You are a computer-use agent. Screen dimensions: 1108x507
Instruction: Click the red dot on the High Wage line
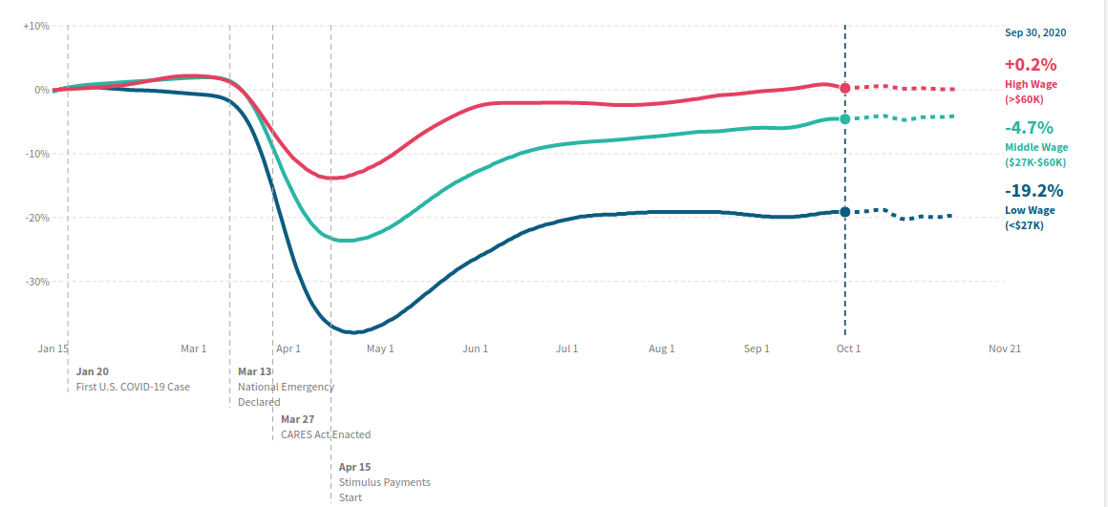(844, 88)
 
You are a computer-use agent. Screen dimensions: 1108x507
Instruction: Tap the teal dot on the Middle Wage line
(844, 118)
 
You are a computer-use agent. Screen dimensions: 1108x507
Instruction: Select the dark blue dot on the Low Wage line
(844, 212)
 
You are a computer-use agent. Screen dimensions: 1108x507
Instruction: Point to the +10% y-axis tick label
(36, 26)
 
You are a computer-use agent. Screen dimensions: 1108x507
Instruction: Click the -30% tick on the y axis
(37, 281)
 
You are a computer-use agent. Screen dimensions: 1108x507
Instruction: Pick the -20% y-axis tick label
(37, 218)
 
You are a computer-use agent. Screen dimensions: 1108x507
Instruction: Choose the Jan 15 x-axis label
(53, 349)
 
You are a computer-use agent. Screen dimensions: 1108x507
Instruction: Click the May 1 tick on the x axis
(381, 349)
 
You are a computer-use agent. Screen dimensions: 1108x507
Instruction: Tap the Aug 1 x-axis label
(662, 349)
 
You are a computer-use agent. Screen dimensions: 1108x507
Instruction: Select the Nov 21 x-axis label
(1005, 349)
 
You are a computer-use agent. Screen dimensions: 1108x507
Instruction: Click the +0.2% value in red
(1031, 65)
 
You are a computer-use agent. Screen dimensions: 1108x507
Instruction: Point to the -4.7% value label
(1029, 128)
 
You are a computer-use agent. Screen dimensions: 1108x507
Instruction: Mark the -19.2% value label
(1033, 191)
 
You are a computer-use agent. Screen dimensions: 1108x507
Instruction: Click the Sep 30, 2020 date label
(1035, 32)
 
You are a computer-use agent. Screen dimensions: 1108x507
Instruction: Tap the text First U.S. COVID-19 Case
(133, 387)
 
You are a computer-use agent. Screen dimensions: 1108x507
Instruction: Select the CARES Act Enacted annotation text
(326, 435)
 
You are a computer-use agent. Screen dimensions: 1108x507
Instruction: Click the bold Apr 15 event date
(354, 467)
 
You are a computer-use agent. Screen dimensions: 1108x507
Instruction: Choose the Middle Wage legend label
(1036, 148)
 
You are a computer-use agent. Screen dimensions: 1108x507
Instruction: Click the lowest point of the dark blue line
(353, 332)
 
